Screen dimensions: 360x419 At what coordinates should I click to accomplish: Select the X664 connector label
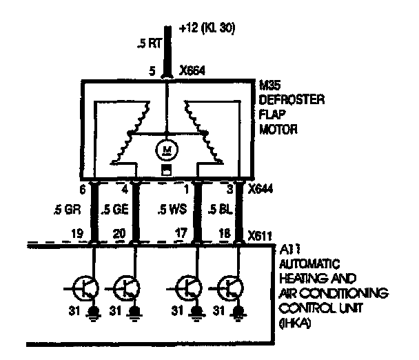click(195, 70)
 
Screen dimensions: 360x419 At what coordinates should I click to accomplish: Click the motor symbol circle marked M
click(166, 148)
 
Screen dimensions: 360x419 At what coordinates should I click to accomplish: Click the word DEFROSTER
click(289, 100)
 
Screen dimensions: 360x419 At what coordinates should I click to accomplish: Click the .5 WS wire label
click(170, 210)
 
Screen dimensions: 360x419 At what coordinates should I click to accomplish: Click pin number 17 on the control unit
click(181, 234)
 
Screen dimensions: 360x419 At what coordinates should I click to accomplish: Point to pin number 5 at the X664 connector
click(152, 70)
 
